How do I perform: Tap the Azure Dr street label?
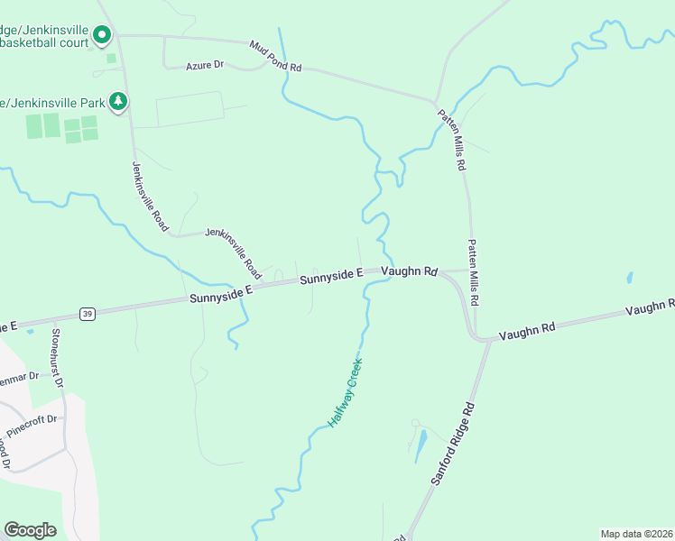(204, 66)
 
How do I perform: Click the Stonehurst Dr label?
(57, 357)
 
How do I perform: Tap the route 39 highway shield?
(87, 313)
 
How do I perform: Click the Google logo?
(30, 530)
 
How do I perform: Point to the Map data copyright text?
(636, 533)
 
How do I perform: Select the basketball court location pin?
(102, 36)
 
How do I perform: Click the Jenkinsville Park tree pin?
(117, 101)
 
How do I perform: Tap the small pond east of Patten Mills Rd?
(629, 279)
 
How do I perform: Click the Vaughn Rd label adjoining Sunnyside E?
(409, 270)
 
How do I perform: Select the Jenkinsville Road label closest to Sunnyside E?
(234, 252)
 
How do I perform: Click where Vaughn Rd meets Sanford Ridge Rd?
(488, 341)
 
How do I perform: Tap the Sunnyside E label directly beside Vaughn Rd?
(331, 275)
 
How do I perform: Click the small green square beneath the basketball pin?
(111, 59)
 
